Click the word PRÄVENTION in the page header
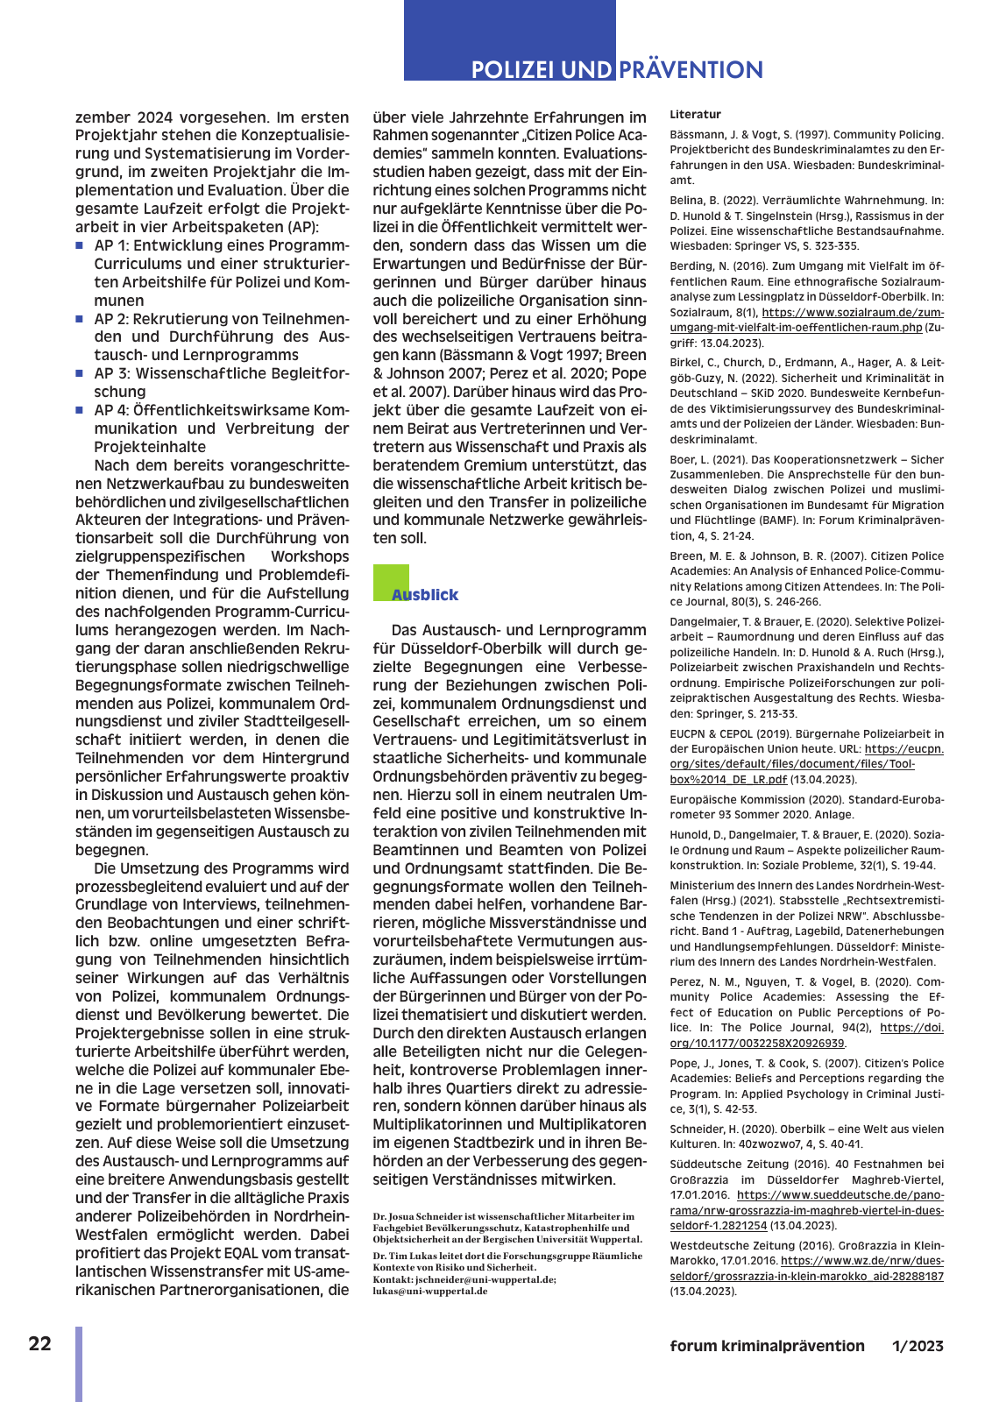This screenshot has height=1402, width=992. pyautogui.click(x=691, y=70)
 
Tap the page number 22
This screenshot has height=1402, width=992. pyautogui.click(x=40, y=1344)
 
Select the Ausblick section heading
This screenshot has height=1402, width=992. pyautogui.click(x=425, y=595)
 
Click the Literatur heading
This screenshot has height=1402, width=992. pyautogui.click(x=696, y=115)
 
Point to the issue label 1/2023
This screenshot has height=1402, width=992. pyautogui.click(x=918, y=1346)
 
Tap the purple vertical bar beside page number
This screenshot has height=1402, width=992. pyautogui.click(x=79, y=1363)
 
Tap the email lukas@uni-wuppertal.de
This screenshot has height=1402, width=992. pyautogui.click(x=430, y=1291)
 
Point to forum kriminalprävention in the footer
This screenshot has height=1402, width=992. pyautogui.click(x=767, y=1346)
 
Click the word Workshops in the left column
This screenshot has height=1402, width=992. pyautogui.click(x=309, y=556)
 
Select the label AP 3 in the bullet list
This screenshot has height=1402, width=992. pyautogui.click(x=111, y=374)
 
